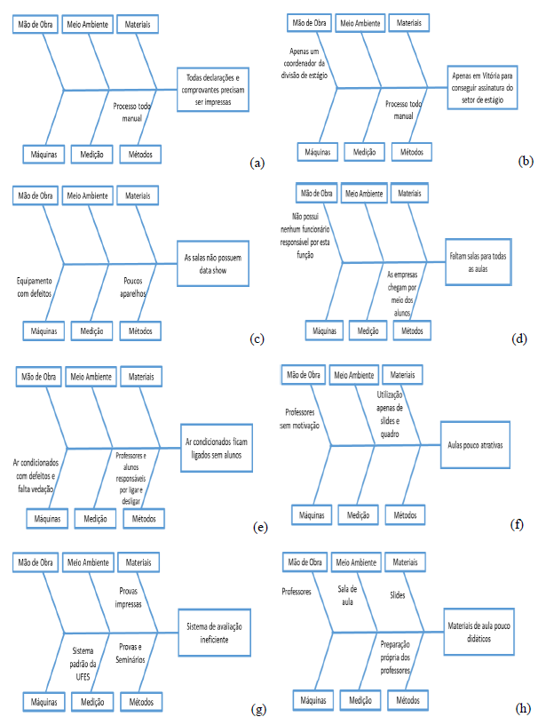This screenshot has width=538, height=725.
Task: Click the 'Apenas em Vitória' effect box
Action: point(485,88)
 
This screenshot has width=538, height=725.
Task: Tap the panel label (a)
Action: point(257,163)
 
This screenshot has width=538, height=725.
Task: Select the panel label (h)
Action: point(524,708)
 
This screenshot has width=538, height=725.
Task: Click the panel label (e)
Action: point(260,527)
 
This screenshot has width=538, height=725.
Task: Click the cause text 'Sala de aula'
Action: point(347,594)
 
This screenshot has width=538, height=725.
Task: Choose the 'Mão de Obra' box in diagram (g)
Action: point(36,562)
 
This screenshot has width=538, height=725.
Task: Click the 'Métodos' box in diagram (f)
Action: point(405,514)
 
